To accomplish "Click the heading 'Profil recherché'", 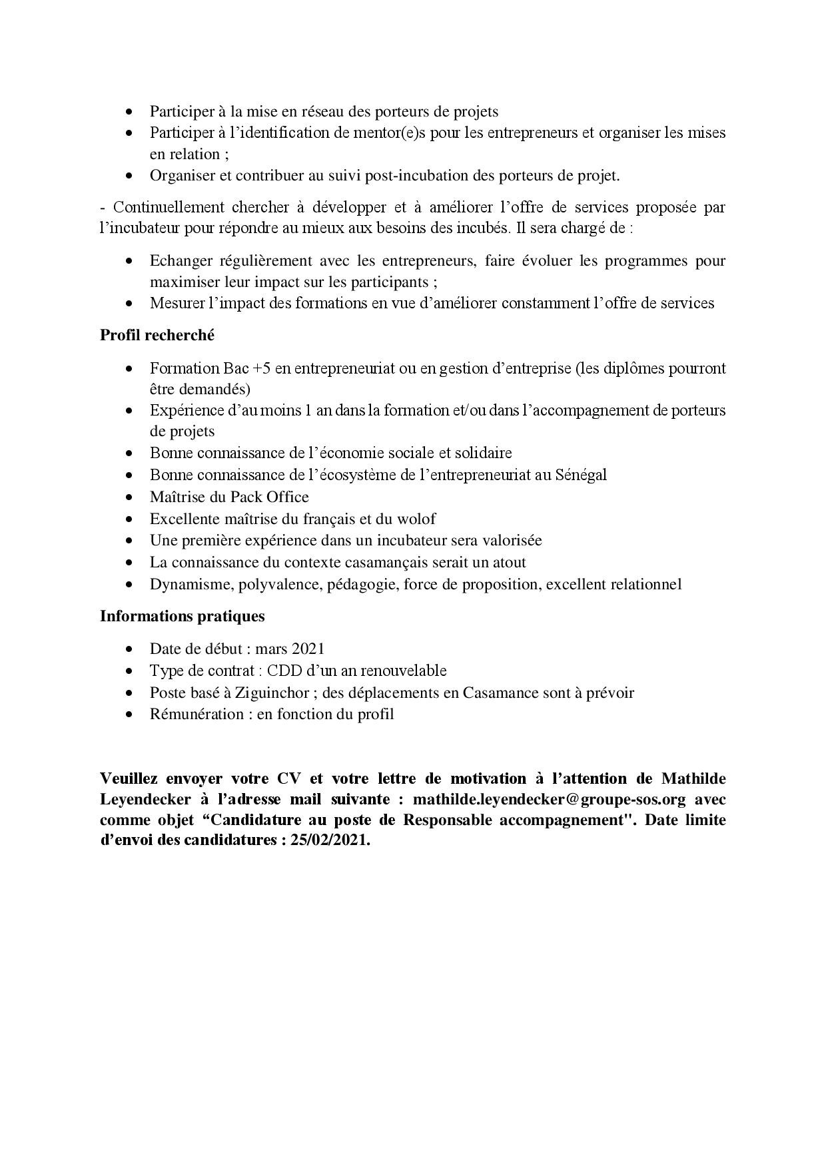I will (x=157, y=336).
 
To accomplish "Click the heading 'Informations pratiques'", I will (x=182, y=616).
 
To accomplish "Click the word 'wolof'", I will (x=416, y=518).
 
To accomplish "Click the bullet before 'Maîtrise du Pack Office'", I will (x=129, y=497).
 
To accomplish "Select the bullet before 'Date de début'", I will (x=129, y=649).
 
